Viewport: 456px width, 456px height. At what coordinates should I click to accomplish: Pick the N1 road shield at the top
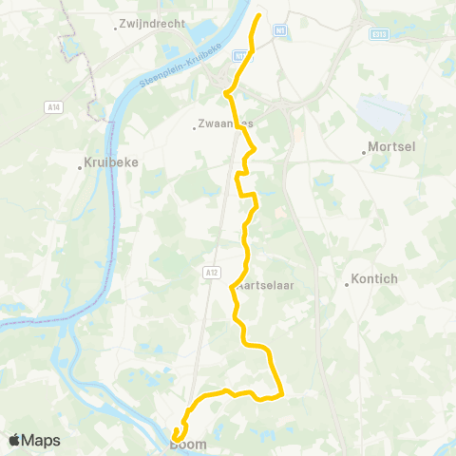click(x=279, y=30)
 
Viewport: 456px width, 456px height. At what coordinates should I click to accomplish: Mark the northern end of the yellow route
click(x=260, y=14)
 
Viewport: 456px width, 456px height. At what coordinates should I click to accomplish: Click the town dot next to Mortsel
click(x=365, y=150)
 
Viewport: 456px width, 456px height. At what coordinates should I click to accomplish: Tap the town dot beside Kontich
click(x=346, y=283)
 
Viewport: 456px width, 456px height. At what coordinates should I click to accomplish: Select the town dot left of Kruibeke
click(x=81, y=168)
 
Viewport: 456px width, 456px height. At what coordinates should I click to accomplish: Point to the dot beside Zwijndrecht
click(x=115, y=27)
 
